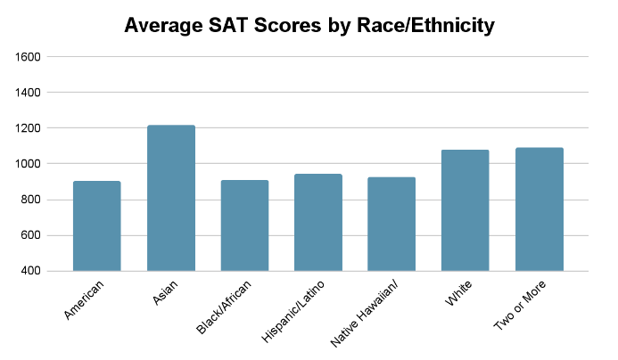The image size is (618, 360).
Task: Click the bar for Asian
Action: tap(171, 198)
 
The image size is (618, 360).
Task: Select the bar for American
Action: tap(97, 226)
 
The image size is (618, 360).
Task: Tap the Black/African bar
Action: tap(244, 225)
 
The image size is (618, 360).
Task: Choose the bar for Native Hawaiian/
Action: tap(392, 224)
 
